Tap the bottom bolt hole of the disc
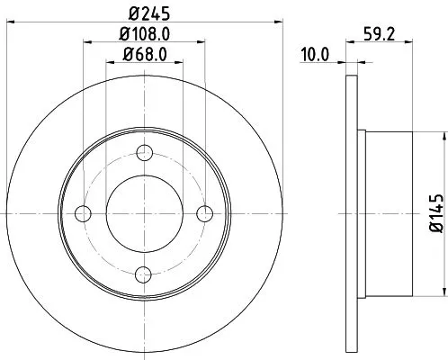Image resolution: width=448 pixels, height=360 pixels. pyautogui.click(x=144, y=274)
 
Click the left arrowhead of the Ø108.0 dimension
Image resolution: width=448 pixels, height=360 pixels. pyautogui.click(x=87, y=40)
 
